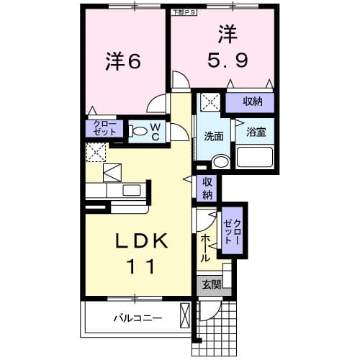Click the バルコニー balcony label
[x=137, y=318]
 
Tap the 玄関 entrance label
[x=211, y=285]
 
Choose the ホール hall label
[x=206, y=248]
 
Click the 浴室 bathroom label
[x=256, y=132]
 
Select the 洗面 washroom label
[x=213, y=135]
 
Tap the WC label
[x=156, y=130]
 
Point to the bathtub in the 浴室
[x=255, y=158]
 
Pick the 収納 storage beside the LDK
[x=207, y=188]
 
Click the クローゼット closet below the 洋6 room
[x=106, y=129]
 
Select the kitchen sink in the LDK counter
[x=132, y=189]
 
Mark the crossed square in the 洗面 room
[x=210, y=102]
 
